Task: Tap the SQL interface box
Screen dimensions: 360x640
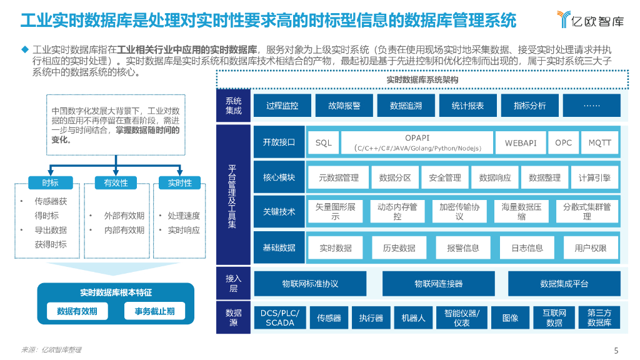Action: [324, 142]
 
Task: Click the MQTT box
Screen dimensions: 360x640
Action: [600, 142]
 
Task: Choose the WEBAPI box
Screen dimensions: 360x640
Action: [521, 142]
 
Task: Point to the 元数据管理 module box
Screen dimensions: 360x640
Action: [339, 177]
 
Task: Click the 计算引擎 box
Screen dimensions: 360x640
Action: [594, 177]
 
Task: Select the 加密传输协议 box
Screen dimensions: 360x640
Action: [459, 211]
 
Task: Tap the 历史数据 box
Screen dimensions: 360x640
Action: [399, 247]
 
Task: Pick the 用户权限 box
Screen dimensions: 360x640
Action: [591, 247]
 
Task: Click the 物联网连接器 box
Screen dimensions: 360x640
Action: [439, 283]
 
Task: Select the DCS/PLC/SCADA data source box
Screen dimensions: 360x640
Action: [279, 317]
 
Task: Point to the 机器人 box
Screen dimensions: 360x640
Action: [413, 317]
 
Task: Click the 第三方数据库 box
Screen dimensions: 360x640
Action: [599, 317]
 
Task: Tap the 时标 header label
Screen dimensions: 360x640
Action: [51, 182]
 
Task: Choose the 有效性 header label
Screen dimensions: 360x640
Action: [116, 182]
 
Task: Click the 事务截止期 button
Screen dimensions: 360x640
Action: [150, 311]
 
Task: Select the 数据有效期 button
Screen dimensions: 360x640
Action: [77, 311]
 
